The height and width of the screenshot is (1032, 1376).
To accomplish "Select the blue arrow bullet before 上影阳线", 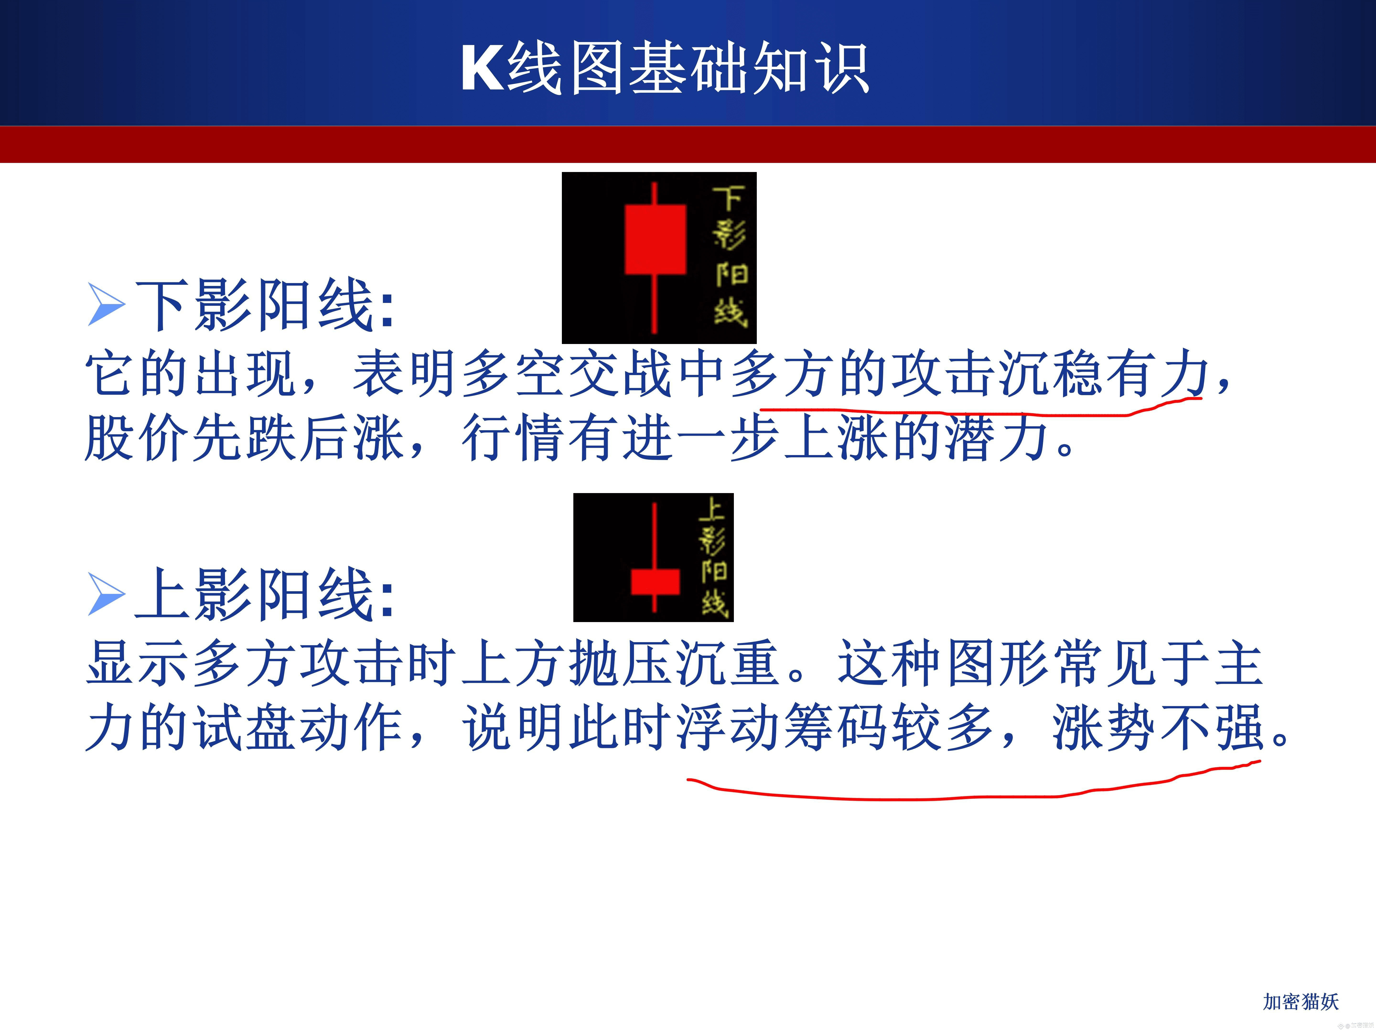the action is pos(107,594).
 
